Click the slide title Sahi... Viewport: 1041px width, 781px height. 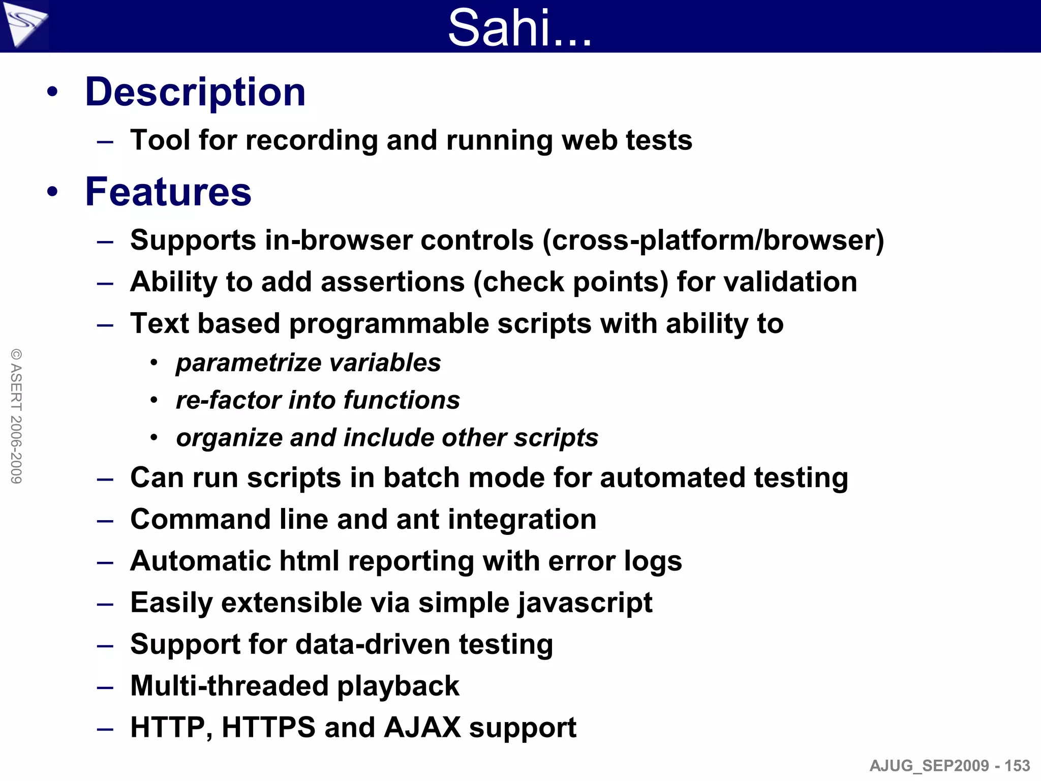pyautogui.click(x=519, y=27)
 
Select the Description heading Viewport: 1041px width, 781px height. pyautogui.click(x=195, y=92)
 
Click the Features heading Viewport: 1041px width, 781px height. pyautogui.click(x=168, y=192)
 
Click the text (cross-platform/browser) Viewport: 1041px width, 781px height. pyautogui.click(x=713, y=240)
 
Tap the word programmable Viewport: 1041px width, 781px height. pyautogui.click(x=389, y=324)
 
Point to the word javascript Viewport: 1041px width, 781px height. pyautogui.click(x=585, y=603)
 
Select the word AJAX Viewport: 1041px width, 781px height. pyautogui.click(x=422, y=728)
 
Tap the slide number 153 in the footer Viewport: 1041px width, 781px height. pyautogui.click(x=1017, y=765)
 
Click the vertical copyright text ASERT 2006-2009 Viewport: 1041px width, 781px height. pyautogui.click(x=16, y=416)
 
